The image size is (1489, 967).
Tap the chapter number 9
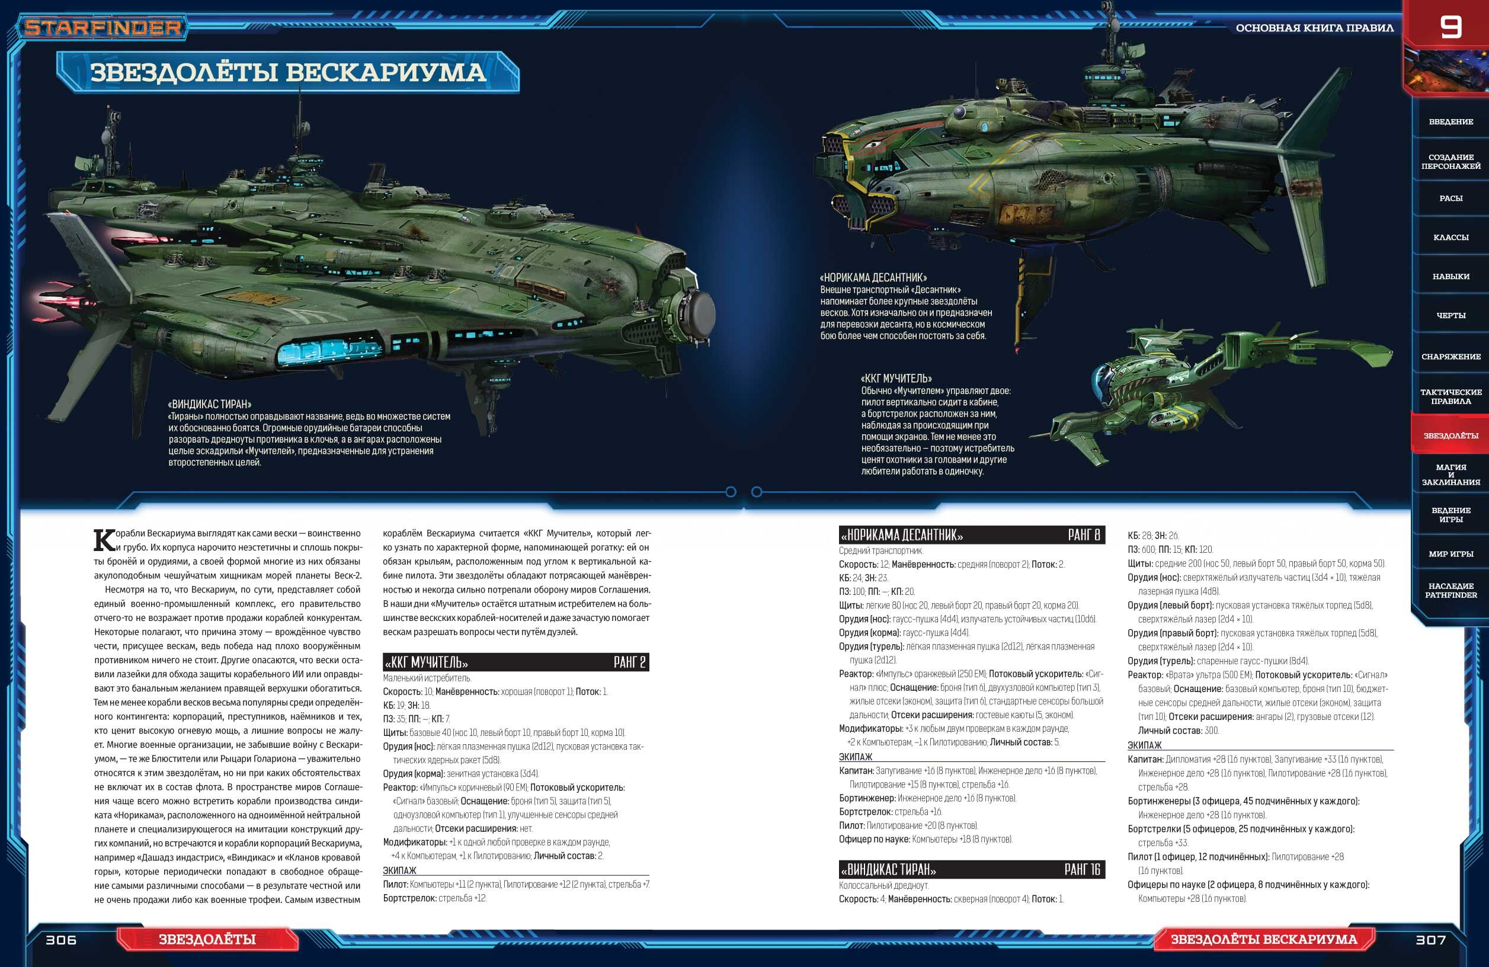click(1450, 27)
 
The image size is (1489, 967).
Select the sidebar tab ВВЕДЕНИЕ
click(1450, 121)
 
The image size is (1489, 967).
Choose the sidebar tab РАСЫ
click(1450, 198)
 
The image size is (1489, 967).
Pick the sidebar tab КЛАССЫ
click(1450, 237)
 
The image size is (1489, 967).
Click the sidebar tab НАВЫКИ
click(1450, 277)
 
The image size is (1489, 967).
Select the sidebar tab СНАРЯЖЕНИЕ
click(1450, 357)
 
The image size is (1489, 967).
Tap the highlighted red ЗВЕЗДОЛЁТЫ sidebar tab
click(1450, 436)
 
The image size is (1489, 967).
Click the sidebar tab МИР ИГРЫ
click(1450, 553)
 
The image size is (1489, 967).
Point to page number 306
click(60, 940)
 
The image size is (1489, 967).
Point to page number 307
click(1430, 940)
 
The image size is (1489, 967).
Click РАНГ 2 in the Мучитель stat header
click(629, 662)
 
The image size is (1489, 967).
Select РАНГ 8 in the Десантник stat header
click(1084, 535)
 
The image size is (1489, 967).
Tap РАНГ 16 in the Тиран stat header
click(1082, 869)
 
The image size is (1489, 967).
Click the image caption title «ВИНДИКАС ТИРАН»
click(210, 404)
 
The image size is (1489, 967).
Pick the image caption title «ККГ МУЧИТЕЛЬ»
click(896, 379)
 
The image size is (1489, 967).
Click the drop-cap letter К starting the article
click(104, 540)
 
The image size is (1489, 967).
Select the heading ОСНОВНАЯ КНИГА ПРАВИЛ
click(1314, 28)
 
